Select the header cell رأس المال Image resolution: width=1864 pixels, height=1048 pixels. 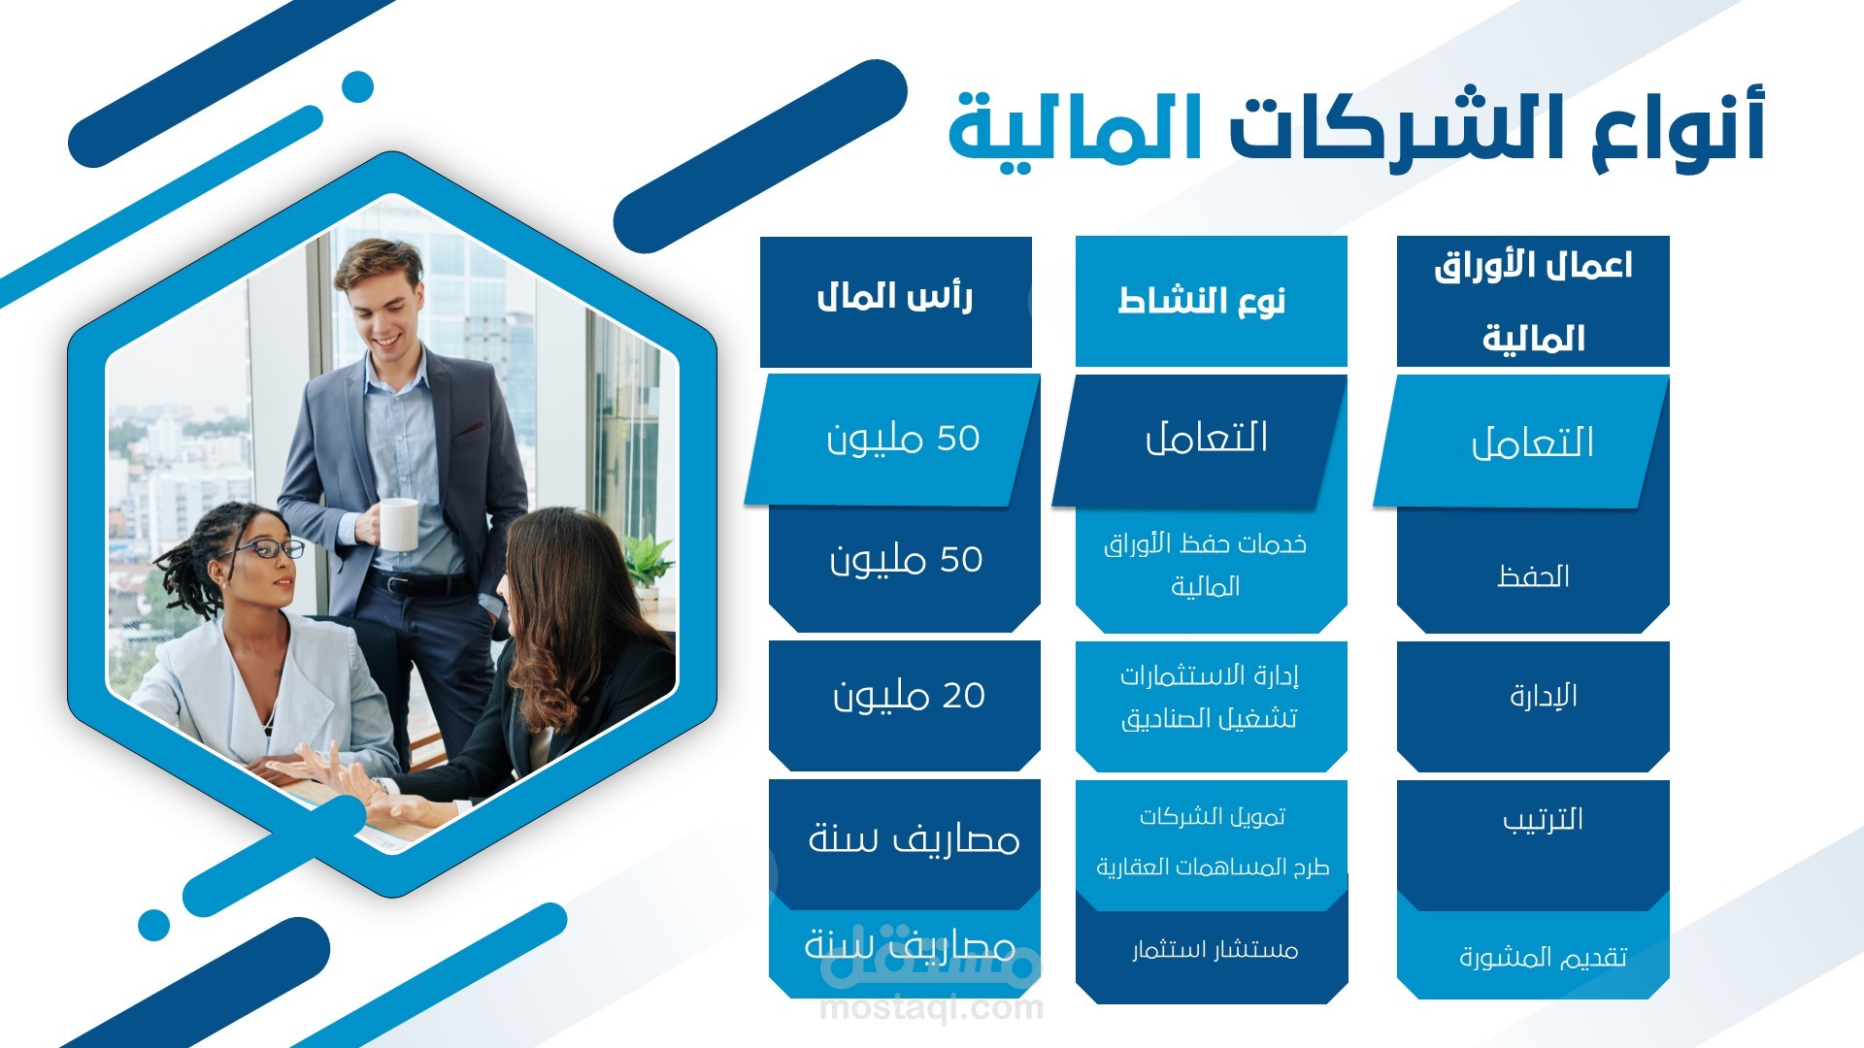(x=895, y=301)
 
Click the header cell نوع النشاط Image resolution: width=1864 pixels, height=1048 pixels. (x=1211, y=301)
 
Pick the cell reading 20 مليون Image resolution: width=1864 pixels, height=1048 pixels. (x=905, y=704)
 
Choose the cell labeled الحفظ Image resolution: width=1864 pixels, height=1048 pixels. (x=1533, y=573)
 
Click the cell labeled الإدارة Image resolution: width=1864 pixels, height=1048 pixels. (x=1533, y=705)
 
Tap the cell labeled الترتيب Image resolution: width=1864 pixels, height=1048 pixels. (x=1533, y=842)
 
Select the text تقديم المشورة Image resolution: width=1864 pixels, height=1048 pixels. (x=1543, y=958)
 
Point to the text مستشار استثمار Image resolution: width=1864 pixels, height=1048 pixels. (x=1215, y=949)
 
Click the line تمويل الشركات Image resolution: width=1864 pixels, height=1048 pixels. (x=1213, y=817)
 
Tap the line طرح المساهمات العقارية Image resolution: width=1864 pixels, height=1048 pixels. (x=1213, y=867)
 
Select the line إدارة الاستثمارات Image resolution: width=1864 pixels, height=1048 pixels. (x=1210, y=675)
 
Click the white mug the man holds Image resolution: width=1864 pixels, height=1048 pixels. (x=397, y=524)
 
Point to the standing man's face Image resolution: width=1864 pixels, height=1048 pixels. (x=381, y=305)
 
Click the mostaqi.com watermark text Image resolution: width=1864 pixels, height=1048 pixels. (x=931, y=1008)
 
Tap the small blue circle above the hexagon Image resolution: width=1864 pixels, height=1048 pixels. (x=358, y=86)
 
